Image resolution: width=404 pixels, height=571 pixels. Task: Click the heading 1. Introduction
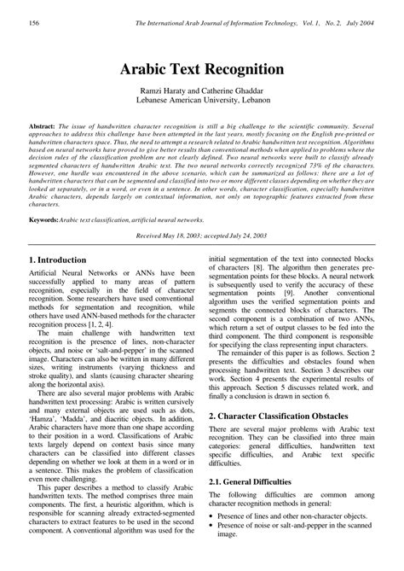coord(57,259)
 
